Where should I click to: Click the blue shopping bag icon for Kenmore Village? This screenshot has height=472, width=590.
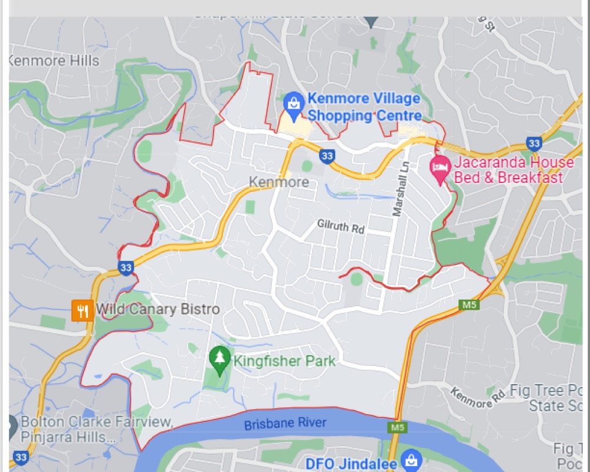coord(293,103)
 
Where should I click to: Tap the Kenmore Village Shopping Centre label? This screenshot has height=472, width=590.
coord(365,107)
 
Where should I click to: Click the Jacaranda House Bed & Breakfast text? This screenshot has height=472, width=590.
coord(513,170)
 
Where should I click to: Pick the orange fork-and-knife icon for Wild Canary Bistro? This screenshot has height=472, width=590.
coord(83,310)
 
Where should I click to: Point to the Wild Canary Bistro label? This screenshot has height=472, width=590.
coord(158,309)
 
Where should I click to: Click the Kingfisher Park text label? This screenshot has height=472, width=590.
coord(284,361)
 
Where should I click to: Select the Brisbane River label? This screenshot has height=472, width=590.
coord(285,424)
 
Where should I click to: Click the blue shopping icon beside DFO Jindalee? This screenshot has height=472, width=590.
coord(410,460)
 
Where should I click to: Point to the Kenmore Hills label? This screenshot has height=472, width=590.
coord(54,60)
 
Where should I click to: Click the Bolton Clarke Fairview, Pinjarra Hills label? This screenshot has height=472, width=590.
coord(96,430)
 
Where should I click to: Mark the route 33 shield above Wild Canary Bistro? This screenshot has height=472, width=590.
coord(125,267)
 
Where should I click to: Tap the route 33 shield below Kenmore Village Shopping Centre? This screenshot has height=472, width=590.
coord(327,156)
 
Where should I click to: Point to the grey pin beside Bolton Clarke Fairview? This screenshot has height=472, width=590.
coord(12,423)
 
